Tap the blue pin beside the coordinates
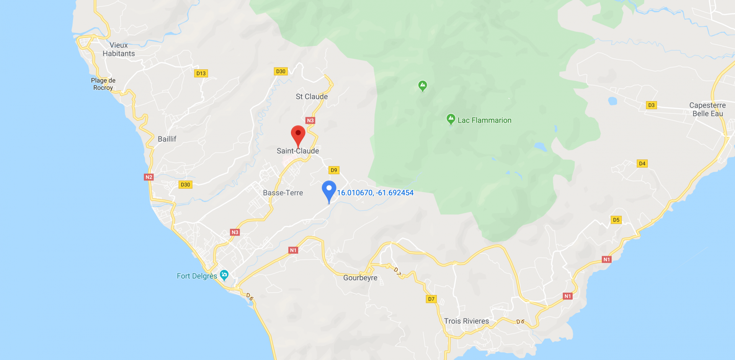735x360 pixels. tap(329, 190)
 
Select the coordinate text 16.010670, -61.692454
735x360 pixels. tap(375, 193)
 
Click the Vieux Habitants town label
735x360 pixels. tap(119, 49)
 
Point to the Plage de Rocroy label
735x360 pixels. tap(103, 84)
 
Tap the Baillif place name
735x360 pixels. tap(167, 139)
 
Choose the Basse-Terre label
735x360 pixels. tap(283, 193)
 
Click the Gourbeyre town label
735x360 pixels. tap(360, 278)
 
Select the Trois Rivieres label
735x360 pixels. tap(466, 321)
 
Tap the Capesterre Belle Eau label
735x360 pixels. tap(707, 109)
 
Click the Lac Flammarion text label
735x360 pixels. tap(484, 120)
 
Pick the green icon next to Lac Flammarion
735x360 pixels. tap(451, 119)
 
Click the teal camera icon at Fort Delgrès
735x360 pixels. tap(224, 275)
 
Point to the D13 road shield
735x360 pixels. tap(201, 73)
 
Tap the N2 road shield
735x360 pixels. tap(149, 177)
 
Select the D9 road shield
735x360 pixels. tap(334, 170)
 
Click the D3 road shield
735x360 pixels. tap(651, 105)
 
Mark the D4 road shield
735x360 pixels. tap(642, 164)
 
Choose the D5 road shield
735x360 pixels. tap(616, 220)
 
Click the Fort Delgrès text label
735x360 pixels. tap(197, 276)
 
